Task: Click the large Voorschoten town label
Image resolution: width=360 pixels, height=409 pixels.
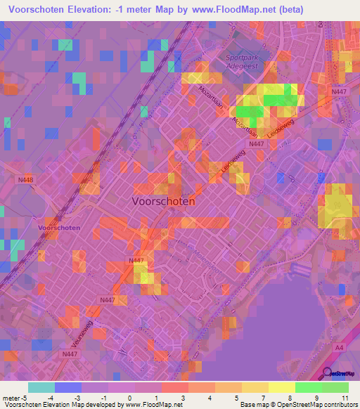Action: click(x=163, y=200)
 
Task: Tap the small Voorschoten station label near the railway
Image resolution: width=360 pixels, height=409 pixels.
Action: click(x=59, y=228)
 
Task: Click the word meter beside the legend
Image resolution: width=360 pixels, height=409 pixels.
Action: click(x=13, y=398)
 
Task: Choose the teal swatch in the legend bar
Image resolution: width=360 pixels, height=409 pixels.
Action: click(x=41, y=387)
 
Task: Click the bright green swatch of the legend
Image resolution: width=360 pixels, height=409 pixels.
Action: click(x=308, y=387)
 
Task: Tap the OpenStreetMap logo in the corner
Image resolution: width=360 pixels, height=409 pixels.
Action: click(x=340, y=374)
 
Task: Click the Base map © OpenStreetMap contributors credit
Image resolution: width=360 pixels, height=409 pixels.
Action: click(x=298, y=405)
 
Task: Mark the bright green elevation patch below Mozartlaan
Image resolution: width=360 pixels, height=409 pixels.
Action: click(x=247, y=111)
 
